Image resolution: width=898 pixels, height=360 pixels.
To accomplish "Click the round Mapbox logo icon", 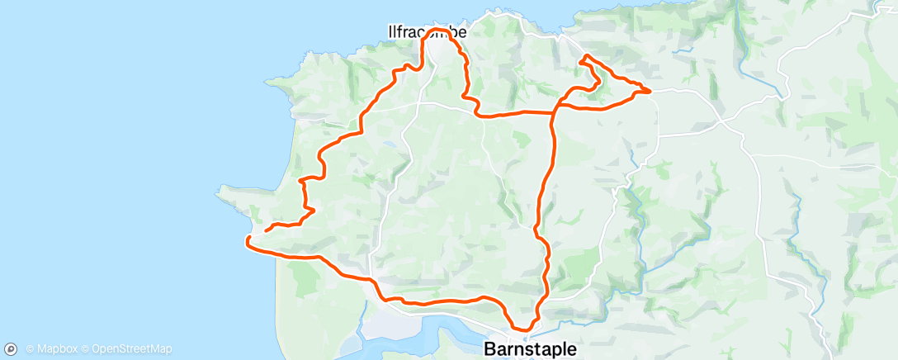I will click(x=12, y=348).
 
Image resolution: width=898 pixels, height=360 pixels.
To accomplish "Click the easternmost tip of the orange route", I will click(x=650, y=90).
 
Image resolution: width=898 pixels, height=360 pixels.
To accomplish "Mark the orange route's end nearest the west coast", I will click(x=248, y=239).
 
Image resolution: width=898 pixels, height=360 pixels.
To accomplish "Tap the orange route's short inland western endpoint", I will click(x=266, y=230).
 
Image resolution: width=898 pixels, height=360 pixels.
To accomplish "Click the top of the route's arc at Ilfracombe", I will click(x=437, y=30).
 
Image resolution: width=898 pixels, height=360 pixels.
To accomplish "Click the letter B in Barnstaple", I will click(x=489, y=348).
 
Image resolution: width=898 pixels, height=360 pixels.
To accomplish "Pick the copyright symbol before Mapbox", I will click(x=30, y=349).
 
